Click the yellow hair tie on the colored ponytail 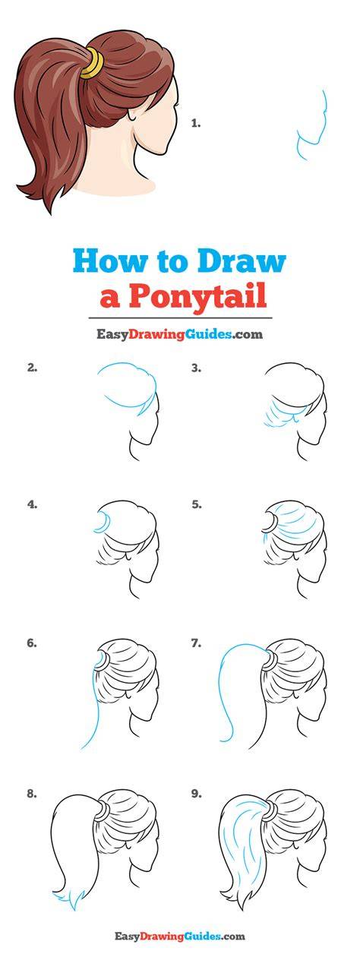[93, 64]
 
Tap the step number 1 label [196, 124]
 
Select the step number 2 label [32, 368]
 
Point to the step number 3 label [196, 368]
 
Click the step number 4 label [32, 504]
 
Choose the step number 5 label [196, 504]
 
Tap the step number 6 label [32, 643]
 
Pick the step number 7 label [196, 643]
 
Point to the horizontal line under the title [180, 318]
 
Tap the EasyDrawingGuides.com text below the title [179, 333]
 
